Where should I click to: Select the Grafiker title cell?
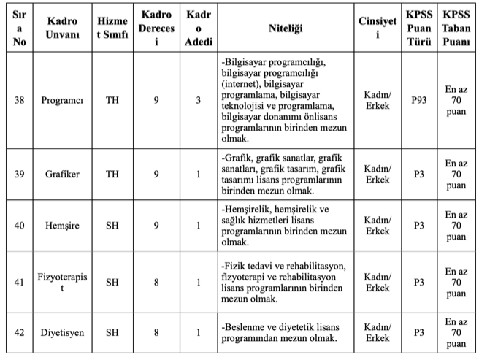[x=62, y=174]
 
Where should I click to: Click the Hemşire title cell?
[x=62, y=225]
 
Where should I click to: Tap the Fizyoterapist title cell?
[x=62, y=282]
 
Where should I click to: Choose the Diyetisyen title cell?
[x=62, y=333]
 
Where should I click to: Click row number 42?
[x=19, y=333]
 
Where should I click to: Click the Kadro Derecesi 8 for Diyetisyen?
[x=156, y=333]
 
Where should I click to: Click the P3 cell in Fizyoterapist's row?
[x=418, y=282]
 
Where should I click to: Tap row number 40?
[x=19, y=225]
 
